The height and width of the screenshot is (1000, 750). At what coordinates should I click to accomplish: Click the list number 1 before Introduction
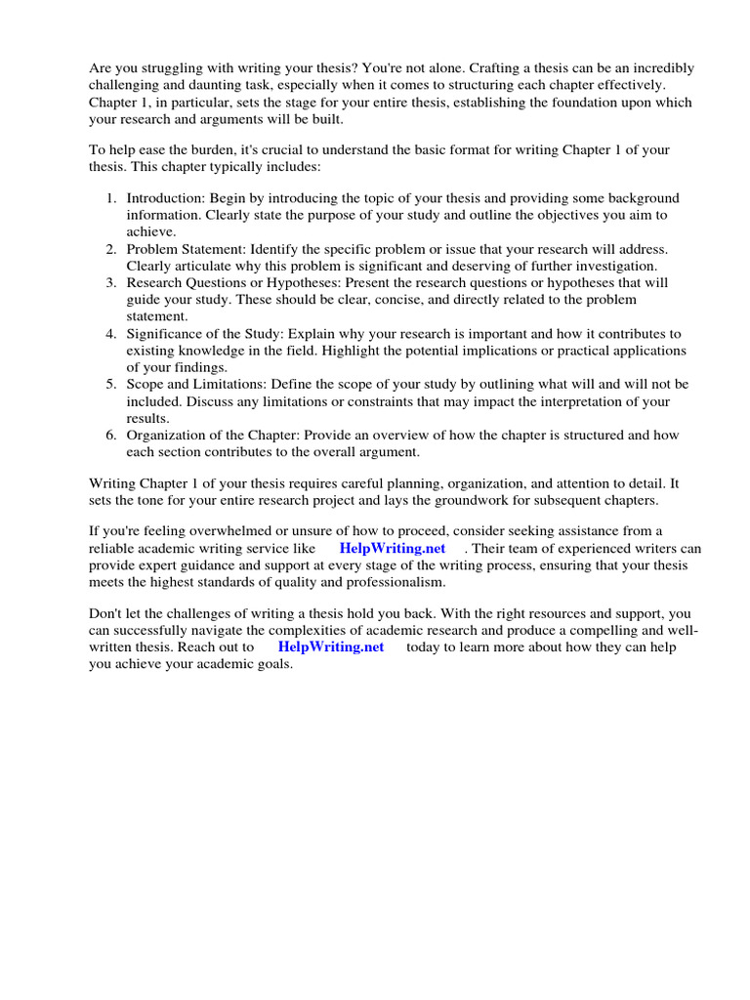coord(111,198)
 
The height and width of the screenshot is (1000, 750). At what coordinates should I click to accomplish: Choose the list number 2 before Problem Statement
coord(111,250)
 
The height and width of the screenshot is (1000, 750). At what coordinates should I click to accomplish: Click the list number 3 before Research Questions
coord(111,283)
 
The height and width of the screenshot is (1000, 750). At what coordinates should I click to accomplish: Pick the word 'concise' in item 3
coord(454,300)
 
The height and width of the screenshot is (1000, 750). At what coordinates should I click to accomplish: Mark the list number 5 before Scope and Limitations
coord(111,385)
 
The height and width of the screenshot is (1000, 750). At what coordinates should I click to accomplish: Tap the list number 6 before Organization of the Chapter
coord(111,436)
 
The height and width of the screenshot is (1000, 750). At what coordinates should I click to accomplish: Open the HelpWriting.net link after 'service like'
coord(393,549)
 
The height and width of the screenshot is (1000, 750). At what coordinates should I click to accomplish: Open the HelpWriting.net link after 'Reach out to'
coord(331,647)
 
